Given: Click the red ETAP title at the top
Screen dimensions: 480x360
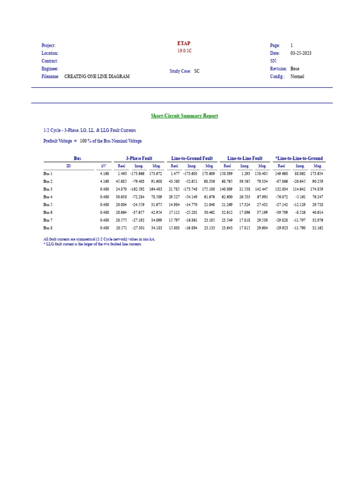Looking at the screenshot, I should [x=184, y=43].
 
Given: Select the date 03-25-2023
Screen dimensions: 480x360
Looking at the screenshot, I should [x=300, y=53].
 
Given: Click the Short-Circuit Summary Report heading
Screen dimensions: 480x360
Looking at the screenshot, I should [x=184, y=116].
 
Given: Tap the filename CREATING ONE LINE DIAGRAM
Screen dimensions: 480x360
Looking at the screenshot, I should [x=97, y=76].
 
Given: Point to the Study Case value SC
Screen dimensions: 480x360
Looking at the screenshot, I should [x=197, y=71].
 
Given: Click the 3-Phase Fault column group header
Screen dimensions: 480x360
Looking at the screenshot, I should [x=139, y=158].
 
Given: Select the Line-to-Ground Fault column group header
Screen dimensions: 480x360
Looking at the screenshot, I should [x=192, y=158].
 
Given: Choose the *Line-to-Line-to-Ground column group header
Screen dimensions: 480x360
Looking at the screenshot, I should [x=299, y=158].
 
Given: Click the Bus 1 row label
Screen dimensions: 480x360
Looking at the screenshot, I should [x=48, y=173].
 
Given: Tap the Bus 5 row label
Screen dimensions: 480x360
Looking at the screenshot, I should [x=48, y=205].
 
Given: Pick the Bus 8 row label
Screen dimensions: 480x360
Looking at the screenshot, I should [x=48, y=228].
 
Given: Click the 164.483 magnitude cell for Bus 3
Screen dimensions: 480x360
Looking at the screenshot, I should [x=155, y=189].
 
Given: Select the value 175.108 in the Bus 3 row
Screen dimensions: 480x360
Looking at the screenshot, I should [x=208, y=189].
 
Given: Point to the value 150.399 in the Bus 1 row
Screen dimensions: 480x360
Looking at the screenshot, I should [x=226, y=173].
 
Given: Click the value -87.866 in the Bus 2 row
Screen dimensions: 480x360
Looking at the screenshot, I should [x=281, y=181].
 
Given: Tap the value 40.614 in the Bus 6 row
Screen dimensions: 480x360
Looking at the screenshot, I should [x=317, y=212].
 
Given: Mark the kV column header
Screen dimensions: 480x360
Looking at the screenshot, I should [x=104, y=166].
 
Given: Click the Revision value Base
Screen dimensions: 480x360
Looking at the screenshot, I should [x=295, y=69].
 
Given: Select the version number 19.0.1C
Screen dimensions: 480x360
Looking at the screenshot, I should [x=184, y=51].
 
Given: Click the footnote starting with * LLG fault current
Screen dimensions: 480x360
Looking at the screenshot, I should [x=92, y=244].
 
